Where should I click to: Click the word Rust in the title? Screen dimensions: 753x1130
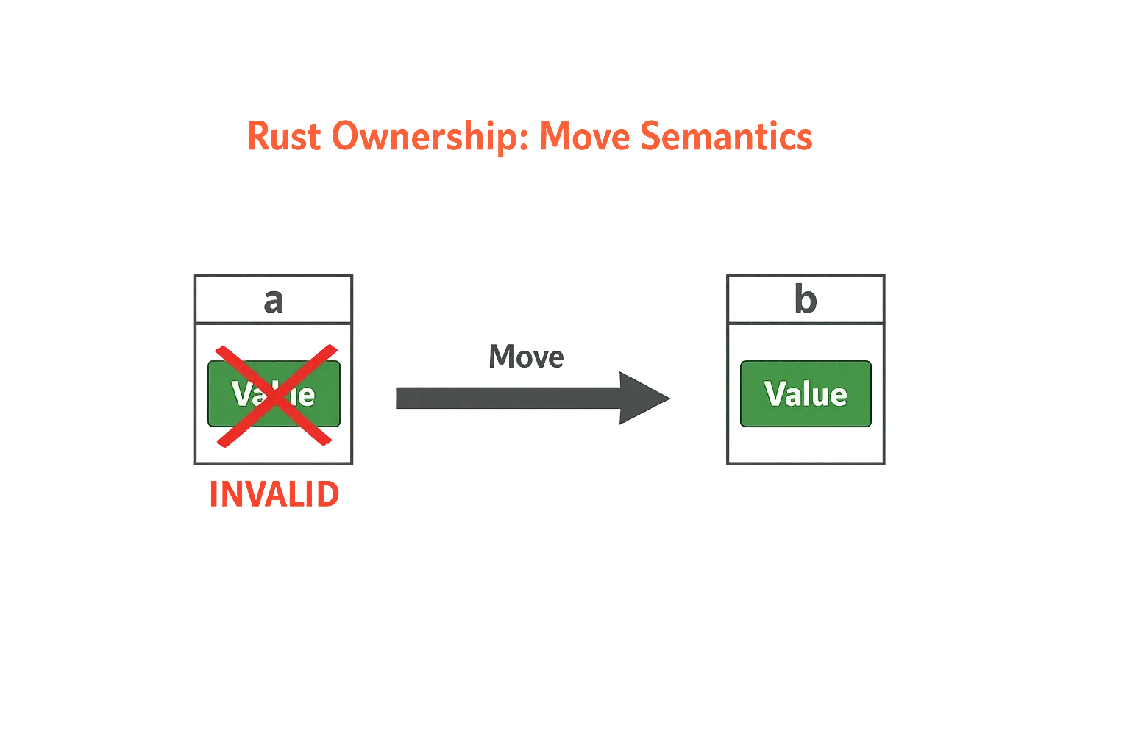pos(284,137)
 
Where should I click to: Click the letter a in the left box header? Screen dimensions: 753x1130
pos(273,301)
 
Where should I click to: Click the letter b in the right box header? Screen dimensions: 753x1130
pos(807,301)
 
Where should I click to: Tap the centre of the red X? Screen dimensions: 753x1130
pos(274,395)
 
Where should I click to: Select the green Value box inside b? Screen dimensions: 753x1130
pos(806,394)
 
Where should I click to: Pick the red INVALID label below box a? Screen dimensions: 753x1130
pos(273,495)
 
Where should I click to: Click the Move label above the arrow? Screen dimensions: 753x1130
pos(526,357)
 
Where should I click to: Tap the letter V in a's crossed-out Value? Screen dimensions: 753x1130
pos(242,394)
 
